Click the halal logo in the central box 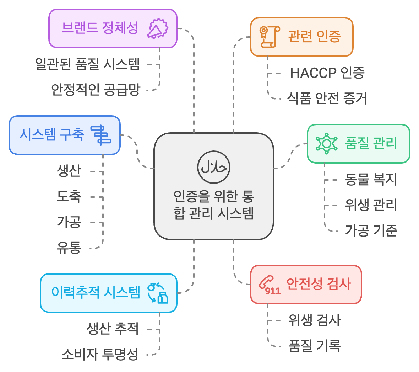[x=214, y=167]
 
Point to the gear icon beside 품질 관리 [x=326, y=143]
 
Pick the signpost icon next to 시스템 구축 [x=101, y=135]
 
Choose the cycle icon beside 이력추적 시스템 [x=158, y=293]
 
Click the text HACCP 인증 [x=327, y=73]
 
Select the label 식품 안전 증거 [x=327, y=99]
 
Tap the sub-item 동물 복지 [x=371, y=179]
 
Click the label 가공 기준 [x=371, y=231]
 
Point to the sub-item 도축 [x=69, y=196]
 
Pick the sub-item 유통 [x=69, y=247]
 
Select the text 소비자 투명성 [x=100, y=354]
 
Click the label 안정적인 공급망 [x=96, y=89]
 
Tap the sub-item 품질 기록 [x=314, y=346]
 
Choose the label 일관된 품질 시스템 [x=87, y=64]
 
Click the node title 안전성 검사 [x=319, y=284]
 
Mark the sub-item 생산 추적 [x=113, y=328]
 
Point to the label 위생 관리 [x=371, y=205]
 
